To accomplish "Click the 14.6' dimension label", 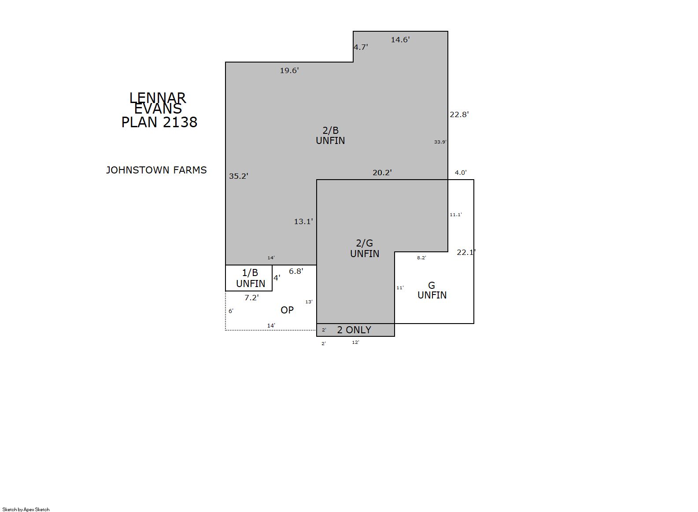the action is pos(400,40).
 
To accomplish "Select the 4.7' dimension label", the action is pos(361,47).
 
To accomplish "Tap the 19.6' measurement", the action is pos(289,70).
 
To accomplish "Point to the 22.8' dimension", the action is pos(459,114).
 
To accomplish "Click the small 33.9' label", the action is pos(440,142).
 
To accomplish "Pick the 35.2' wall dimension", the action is pos(239,176).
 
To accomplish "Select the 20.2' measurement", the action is pos(382,173).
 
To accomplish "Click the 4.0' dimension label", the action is pos(461,173).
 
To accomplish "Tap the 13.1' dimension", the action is pos(303,221).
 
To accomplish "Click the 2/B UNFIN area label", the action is pos(330,136).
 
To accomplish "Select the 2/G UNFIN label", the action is pos(365,248).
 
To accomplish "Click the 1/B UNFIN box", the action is pos(249,278).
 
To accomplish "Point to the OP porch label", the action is pos(287,310).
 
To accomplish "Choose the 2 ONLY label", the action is pos(354,330).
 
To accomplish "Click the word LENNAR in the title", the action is pos(158,98).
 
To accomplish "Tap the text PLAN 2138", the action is pos(159,122).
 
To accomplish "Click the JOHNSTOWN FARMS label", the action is pos(156,170).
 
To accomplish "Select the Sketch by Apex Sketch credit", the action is pos(26,509).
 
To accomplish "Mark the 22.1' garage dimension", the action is pos(466,252).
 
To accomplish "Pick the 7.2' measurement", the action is pos(252,298).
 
